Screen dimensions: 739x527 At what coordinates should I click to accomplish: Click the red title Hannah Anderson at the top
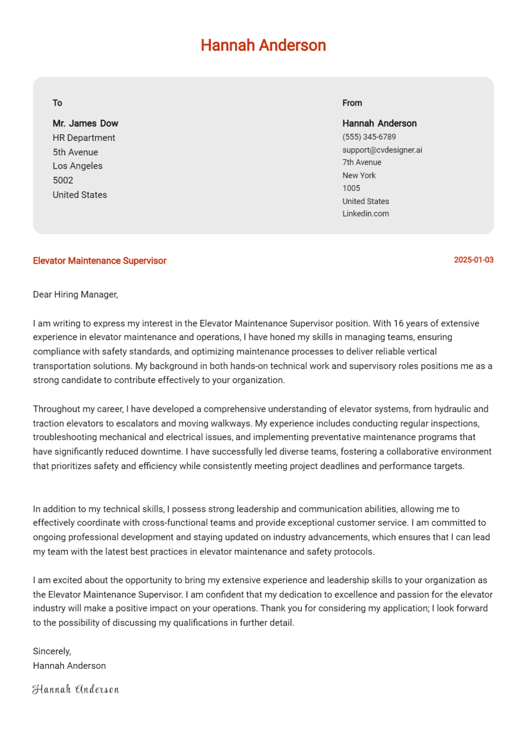click(x=263, y=45)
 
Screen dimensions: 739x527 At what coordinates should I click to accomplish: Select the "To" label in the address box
click(x=57, y=103)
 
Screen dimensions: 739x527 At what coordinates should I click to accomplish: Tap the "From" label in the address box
click(x=352, y=103)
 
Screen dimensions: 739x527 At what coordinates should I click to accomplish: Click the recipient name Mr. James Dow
click(x=85, y=124)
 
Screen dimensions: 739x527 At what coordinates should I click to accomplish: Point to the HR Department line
click(x=84, y=138)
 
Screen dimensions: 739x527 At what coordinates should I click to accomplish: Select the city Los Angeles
click(x=77, y=166)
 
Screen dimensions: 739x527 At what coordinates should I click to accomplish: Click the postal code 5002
click(x=63, y=180)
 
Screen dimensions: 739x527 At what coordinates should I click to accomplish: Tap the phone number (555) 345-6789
click(x=369, y=137)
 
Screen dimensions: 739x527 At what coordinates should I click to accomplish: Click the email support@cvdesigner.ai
click(x=382, y=150)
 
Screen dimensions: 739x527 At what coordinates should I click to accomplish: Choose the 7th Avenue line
click(x=361, y=163)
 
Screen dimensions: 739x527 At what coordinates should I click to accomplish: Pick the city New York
click(x=359, y=176)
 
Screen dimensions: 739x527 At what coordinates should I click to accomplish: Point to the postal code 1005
click(x=351, y=188)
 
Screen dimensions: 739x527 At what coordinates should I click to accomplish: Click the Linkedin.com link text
click(x=365, y=214)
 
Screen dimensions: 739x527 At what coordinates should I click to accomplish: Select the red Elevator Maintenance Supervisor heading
click(x=100, y=261)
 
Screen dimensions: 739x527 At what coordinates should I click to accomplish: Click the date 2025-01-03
click(x=474, y=260)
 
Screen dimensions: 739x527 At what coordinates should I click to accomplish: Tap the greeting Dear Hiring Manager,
click(x=76, y=294)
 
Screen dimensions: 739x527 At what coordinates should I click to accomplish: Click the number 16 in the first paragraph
click(x=398, y=324)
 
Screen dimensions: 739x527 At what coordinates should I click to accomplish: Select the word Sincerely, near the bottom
click(x=52, y=651)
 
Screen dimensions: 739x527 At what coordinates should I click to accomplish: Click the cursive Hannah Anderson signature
click(x=76, y=689)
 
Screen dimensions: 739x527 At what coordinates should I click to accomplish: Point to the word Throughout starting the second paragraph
click(x=54, y=409)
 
